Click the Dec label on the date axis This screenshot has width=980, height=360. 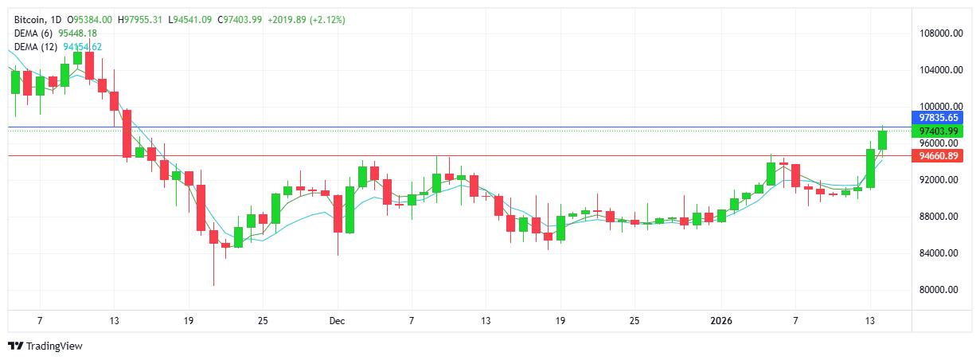pyautogui.click(x=337, y=321)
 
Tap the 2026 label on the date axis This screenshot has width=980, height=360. pyautogui.click(x=720, y=321)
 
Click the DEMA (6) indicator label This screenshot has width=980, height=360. pyautogui.click(x=33, y=33)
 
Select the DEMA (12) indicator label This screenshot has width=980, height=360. pyautogui.click(x=36, y=46)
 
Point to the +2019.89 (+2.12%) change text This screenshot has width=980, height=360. pyautogui.click(x=306, y=19)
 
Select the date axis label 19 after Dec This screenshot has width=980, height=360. pyautogui.click(x=560, y=321)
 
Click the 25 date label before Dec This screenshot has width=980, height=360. pyautogui.click(x=262, y=321)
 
